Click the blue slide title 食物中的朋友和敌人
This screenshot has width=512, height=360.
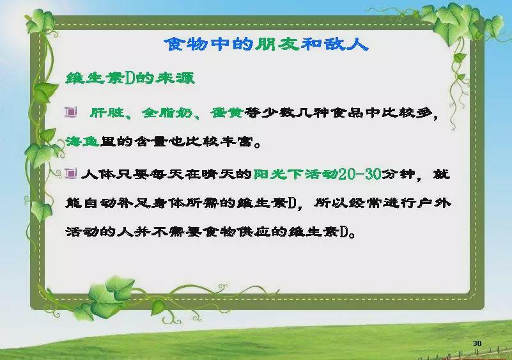pyautogui.click(x=266, y=43)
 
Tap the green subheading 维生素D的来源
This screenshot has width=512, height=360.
pyautogui.click(x=130, y=78)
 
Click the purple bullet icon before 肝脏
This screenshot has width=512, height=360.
pyautogui.click(x=71, y=112)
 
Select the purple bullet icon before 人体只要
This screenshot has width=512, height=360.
pyautogui.click(x=71, y=173)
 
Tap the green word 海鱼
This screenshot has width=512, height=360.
pyautogui.click(x=82, y=141)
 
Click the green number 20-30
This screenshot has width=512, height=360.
pyautogui.click(x=360, y=174)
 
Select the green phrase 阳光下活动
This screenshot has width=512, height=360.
pyautogui.click(x=296, y=174)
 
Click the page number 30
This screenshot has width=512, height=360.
pyautogui.click(x=477, y=343)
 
